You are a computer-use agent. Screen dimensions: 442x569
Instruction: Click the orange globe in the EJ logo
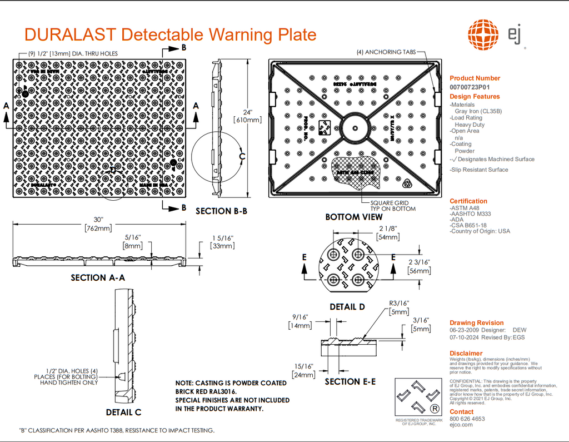tap(483, 34)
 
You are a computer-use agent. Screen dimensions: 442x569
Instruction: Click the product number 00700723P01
tap(470, 87)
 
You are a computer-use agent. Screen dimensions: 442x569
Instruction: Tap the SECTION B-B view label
tap(221, 211)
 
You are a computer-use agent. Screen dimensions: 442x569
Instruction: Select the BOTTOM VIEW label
tap(354, 217)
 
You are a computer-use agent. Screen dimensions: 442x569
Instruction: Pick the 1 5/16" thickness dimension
tap(222, 237)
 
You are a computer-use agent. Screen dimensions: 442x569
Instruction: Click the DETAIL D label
tap(347, 306)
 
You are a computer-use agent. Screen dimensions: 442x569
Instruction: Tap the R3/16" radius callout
tap(399, 303)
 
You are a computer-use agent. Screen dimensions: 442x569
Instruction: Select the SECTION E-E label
tap(350, 381)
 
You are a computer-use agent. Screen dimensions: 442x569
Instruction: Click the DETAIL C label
tap(123, 412)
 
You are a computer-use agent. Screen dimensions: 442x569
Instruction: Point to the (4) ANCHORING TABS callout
tap(386, 52)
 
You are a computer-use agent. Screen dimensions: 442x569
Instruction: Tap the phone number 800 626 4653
tap(467, 419)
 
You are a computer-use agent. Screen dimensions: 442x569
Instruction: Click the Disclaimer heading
tap(466, 353)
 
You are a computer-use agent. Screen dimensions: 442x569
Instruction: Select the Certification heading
tap(468, 201)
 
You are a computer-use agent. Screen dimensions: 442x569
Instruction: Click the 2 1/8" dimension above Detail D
tap(387, 229)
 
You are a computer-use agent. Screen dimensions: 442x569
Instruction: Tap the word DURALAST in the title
tap(70, 34)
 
